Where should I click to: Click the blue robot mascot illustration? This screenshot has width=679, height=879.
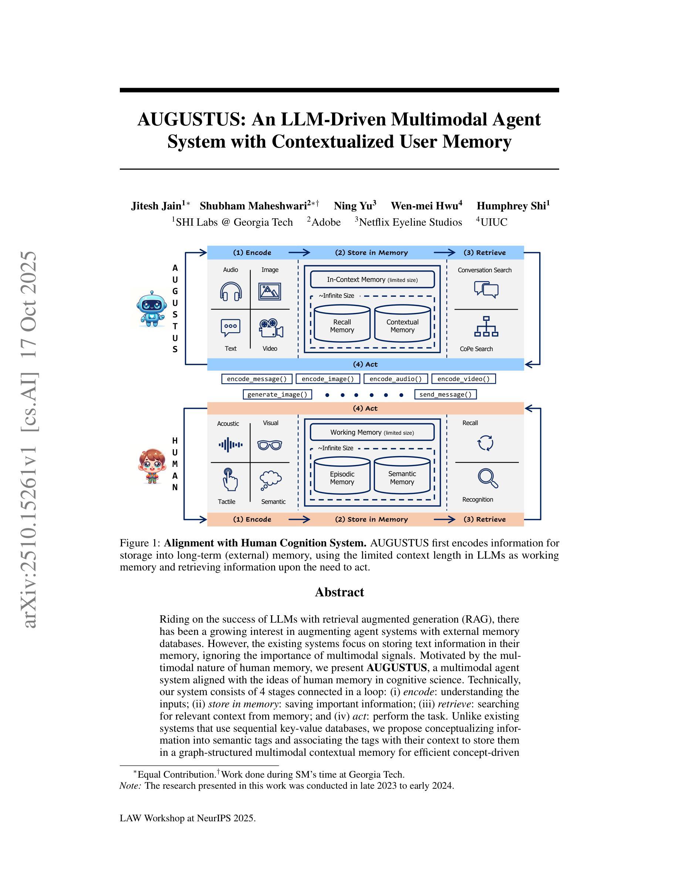(x=151, y=309)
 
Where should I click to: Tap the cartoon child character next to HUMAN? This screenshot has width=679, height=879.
(x=152, y=466)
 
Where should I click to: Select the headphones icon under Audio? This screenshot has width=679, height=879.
(x=231, y=292)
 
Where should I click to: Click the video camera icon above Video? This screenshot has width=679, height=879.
(x=271, y=328)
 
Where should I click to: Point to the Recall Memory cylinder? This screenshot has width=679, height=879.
(x=342, y=324)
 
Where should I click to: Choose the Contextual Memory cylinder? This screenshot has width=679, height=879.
(x=402, y=324)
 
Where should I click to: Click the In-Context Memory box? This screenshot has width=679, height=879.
(x=372, y=279)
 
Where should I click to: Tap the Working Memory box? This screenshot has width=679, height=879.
(x=372, y=432)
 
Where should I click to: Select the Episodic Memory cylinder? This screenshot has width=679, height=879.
(x=342, y=476)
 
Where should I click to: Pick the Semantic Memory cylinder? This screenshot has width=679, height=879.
(x=402, y=476)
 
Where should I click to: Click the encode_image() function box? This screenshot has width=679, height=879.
(x=328, y=379)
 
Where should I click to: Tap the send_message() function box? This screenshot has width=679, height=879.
(x=445, y=394)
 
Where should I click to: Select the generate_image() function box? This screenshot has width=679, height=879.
(x=277, y=394)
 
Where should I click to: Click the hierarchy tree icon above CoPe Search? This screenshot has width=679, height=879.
(x=486, y=326)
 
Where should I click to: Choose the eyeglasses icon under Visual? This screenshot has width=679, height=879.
(x=270, y=445)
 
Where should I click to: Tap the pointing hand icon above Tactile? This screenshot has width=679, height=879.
(x=230, y=479)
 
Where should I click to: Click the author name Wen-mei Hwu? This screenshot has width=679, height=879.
(x=426, y=206)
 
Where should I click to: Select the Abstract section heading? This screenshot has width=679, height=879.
(x=339, y=592)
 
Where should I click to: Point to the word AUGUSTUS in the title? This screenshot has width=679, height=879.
(x=191, y=119)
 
